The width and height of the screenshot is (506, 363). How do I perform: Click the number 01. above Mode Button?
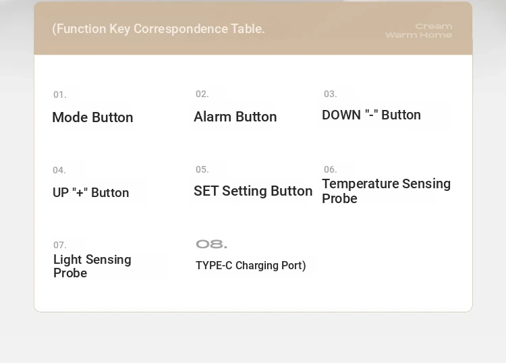pyautogui.click(x=59, y=95)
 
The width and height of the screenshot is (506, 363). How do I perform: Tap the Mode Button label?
pyautogui.click(x=92, y=117)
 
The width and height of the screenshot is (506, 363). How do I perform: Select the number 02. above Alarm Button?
pyautogui.click(x=202, y=94)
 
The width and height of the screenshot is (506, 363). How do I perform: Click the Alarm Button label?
pyautogui.click(x=235, y=117)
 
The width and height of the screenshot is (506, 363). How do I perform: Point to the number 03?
pyautogui.click(x=330, y=94)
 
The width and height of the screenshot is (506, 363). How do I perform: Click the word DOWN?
pyautogui.click(x=341, y=115)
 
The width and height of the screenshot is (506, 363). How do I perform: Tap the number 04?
pyautogui.click(x=59, y=171)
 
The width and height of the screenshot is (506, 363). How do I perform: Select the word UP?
pyautogui.click(x=61, y=193)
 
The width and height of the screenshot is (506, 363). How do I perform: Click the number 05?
pyautogui.click(x=202, y=170)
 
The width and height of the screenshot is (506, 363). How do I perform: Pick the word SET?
pyautogui.click(x=206, y=191)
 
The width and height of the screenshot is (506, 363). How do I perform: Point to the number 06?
pyautogui.click(x=330, y=170)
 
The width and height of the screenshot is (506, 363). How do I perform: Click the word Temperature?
pyautogui.click(x=360, y=184)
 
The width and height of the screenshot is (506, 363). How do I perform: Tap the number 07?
pyautogui.click(x=59, y=245)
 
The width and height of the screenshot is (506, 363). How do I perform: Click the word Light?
pyautogui.click(x=67, y=260)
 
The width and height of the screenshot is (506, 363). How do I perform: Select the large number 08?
pyautogui.click(x=211, y=244)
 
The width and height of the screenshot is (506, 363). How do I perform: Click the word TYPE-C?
pyautogui.click(x=214, y=266)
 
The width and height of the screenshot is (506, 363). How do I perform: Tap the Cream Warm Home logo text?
pyautogui.click(x=419, y=30)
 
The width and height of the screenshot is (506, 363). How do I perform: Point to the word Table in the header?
pyautogui.click(x=248, y=29)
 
